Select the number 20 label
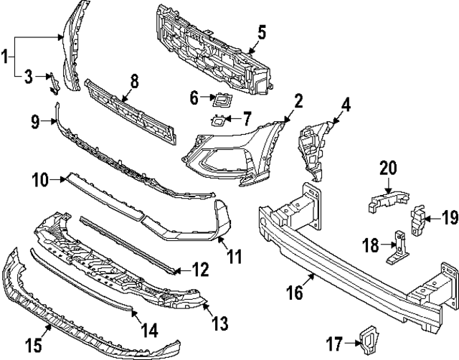click(x=388, y=168)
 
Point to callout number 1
click(x=6, y=54)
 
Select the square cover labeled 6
click(x=222, y=99)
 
